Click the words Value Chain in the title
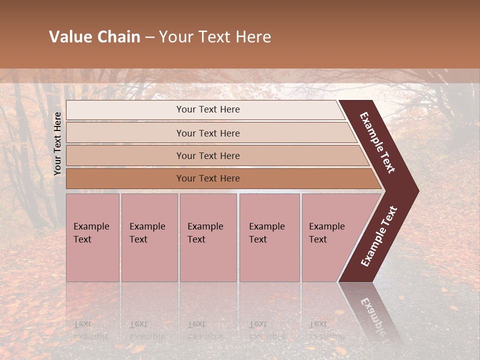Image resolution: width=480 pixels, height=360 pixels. tap(94, 37)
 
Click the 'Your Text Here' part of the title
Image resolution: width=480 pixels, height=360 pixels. tap(215, 37)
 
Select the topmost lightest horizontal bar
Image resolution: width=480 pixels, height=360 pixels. tap(125, 110)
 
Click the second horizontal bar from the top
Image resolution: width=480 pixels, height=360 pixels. tap(125, 133)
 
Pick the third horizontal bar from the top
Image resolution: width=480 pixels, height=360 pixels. tap(125, 155)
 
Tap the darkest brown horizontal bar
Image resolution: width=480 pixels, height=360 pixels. tap(125, 178)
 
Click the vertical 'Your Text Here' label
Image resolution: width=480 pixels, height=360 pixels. tap(57, 143)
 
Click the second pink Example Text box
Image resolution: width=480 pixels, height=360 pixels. tap(149, 255)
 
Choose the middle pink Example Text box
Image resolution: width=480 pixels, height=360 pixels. tap(208, 255)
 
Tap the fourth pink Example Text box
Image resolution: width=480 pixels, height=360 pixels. tap(269, 255)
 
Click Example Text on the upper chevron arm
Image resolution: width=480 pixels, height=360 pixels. tap(377, 142)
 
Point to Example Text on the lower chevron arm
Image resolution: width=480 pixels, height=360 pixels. tap(379, 236)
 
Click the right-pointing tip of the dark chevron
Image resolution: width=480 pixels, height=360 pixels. tap(414, 191)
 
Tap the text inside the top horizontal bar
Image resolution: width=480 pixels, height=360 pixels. tap(208, 109)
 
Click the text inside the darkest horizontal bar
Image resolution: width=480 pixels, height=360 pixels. tap(208, 178)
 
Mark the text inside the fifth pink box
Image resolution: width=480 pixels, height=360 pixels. tap(326, 233)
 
